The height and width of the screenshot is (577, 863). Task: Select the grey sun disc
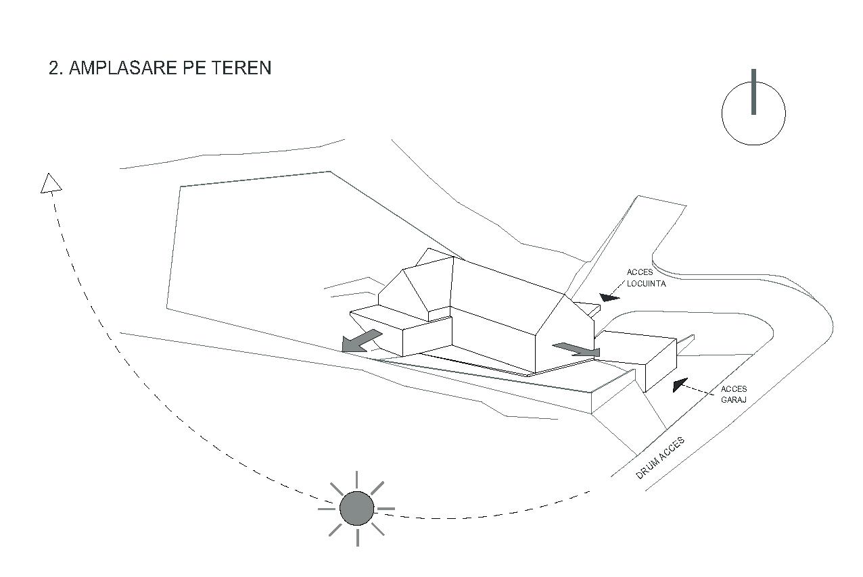coord(356,508)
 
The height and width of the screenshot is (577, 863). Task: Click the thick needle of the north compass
coord(753,91)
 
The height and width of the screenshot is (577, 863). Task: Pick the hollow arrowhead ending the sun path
coord(51,183)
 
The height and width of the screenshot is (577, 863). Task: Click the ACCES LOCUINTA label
coord(646,278)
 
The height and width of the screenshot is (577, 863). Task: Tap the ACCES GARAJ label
coord(734,394)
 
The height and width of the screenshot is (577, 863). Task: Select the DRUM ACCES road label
coord(660,458)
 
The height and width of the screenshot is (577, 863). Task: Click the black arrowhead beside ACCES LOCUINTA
coord(609,297)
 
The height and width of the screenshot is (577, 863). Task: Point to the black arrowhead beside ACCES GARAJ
coord(680,384)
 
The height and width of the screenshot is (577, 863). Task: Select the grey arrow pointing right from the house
coord(577,349)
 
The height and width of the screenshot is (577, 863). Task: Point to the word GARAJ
coord(734,400)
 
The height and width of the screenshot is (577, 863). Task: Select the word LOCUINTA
coord(646,284)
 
